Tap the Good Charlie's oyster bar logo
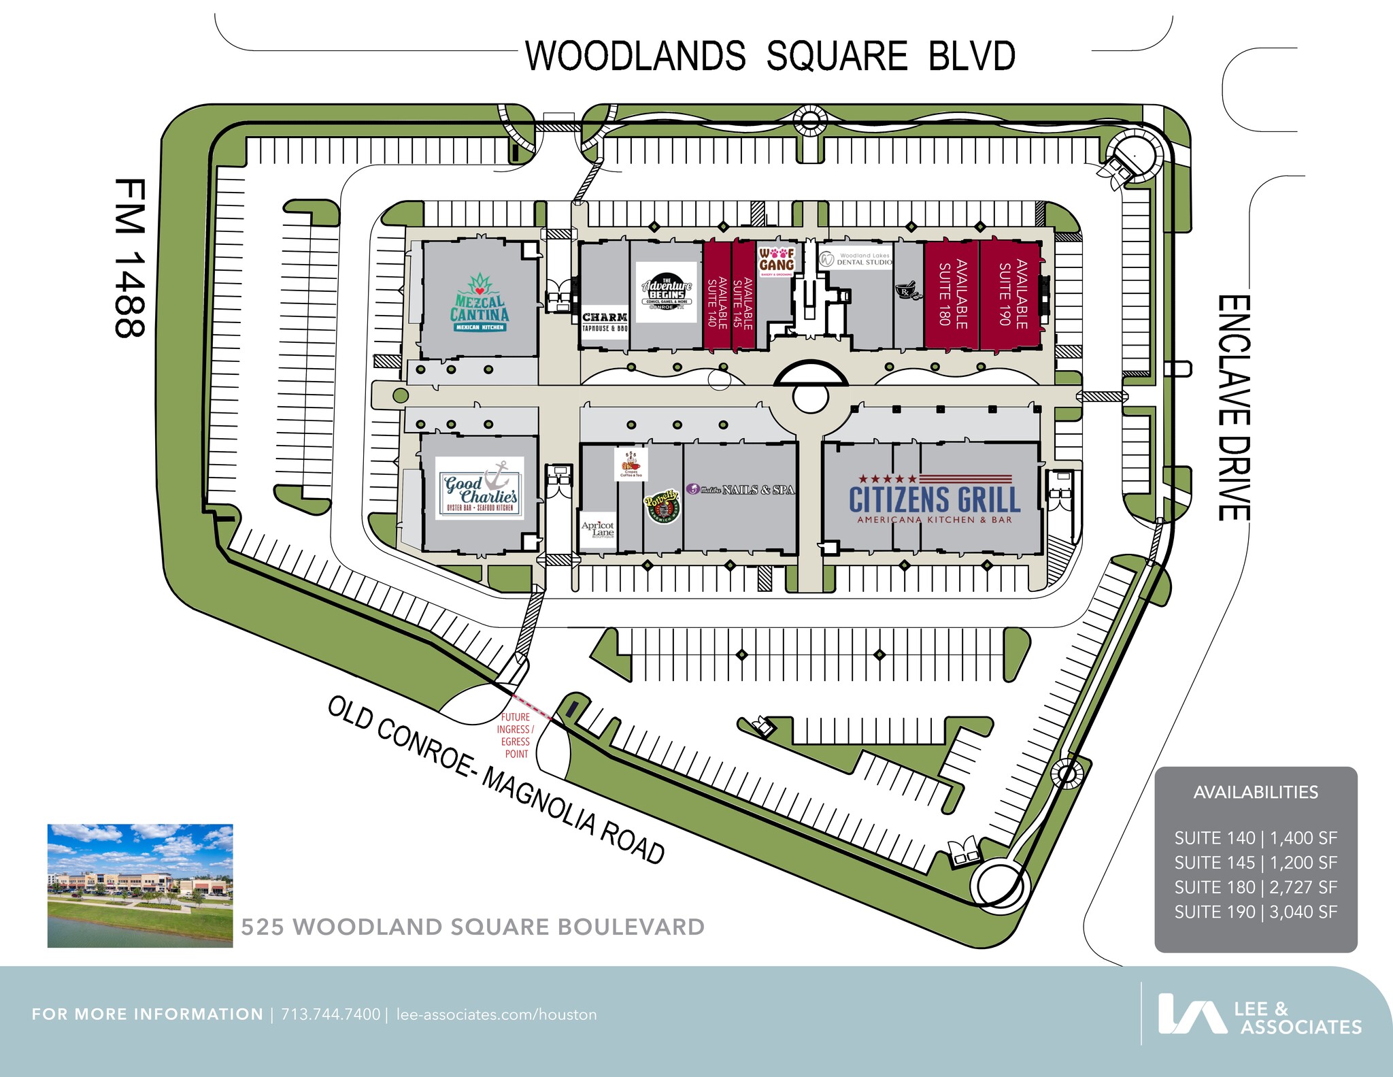tap(480, 488)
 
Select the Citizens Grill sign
tap(935, 499)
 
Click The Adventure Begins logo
tap(667, 293)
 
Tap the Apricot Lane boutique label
tap(598, 529)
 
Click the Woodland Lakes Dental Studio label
tap(856, 259)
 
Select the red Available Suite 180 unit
tap(952, 294)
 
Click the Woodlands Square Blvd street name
tap(771, 56)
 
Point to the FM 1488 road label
tap(130, 258)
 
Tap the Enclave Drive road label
tap(1232, 408)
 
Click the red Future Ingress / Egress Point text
tap(516, 735)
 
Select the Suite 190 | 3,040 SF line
tap(1256, 912)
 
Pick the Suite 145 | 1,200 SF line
tap(1256, 863)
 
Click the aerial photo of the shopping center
tap(140, 886)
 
